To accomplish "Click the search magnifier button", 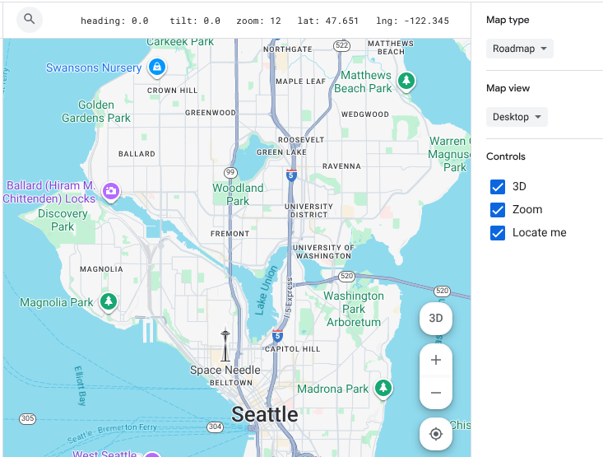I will (x=30, y=19).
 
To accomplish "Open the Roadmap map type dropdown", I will (x=520, y=49).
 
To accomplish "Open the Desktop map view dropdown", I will (x=517, y=117).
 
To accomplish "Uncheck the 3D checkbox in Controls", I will (x=498, y=187).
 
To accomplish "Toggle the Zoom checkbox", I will (x=498, y=210).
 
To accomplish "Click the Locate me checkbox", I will (x=498, y=233).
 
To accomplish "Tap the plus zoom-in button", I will (x=436, y=360).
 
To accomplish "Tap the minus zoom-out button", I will (x=436, y=393).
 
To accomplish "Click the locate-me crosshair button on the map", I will (x=436, y=434).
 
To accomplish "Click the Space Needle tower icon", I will (x=225, y=345).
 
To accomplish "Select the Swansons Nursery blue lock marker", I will (x=157, y=68).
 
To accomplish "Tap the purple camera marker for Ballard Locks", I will (x=110, y=192).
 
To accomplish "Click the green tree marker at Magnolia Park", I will (x=108, y=302).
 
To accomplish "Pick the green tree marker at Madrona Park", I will (x=383, y=388).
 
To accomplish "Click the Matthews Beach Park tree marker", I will (x=406, y=81).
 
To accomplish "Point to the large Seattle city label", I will (x=264, y=414).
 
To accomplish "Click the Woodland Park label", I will (x=238, y=194).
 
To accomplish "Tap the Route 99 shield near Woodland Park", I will (x=230, y=172).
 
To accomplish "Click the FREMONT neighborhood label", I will (x=230, y=234).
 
